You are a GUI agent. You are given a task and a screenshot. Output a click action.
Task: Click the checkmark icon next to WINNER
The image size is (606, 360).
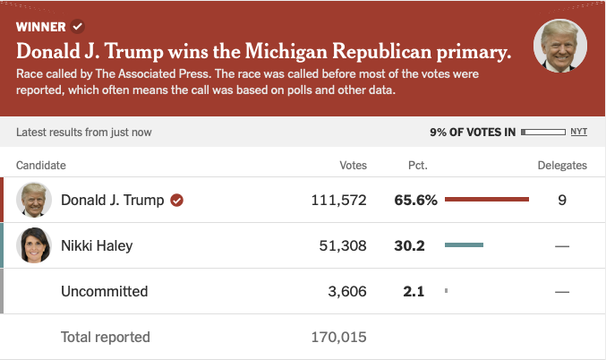pyautogui.click(x=78, y=26)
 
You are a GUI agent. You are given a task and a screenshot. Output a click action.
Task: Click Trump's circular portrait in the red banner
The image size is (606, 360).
pyautogui.click(x=560, y=46)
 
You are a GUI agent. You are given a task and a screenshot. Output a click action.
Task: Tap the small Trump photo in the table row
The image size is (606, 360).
pyautogui.click(x=34, y=200)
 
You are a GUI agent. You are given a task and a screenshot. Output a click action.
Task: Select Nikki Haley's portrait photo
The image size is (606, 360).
pyautogui.click(x=34, y=245)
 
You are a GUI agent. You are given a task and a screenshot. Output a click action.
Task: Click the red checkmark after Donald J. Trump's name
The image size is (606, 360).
pyautogui.click(x=177, y=200)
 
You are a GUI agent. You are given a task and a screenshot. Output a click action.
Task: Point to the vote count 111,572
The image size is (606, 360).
pyautogui.click(x=338, y=200)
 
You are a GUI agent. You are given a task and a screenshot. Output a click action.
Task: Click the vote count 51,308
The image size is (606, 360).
pyautogui.click(x=343, y=245)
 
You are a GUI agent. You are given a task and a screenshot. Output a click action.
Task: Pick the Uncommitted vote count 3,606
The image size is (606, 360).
pyautogui.click(x=347, y=291)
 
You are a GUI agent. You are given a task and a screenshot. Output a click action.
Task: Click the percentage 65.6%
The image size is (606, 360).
pyautogui.click(x=415, y=200)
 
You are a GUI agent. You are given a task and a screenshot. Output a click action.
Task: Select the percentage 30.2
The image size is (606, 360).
pyautogui.click(x=409, y=245)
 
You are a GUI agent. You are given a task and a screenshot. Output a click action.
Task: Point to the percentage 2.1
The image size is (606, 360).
pyautogui.click(x=413, y=291)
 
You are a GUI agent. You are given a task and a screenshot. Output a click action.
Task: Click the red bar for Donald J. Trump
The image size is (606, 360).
pyautogui.click(x=487, y=200)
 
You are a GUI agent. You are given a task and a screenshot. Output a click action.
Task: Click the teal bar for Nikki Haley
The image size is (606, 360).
pyautogui.click(x=464, y=245)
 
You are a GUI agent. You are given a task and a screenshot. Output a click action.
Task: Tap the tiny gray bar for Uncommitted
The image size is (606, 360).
pyautogui.click(x=446, y=291)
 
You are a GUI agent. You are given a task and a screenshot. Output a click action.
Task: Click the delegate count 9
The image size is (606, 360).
pyautogui.click(x=562, y=200)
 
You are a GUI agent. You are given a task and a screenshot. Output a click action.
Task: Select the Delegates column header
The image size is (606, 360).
pyautogui.click(x=562, y=166)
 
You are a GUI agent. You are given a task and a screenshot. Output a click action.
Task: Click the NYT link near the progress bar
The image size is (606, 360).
pyautogui.click(x=579, y=132)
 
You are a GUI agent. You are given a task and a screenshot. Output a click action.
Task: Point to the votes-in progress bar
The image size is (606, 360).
pyautogui.click(x=542, y=132)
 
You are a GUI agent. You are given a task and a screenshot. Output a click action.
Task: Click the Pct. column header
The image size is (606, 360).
pyautogui.click(x=417, y=166)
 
